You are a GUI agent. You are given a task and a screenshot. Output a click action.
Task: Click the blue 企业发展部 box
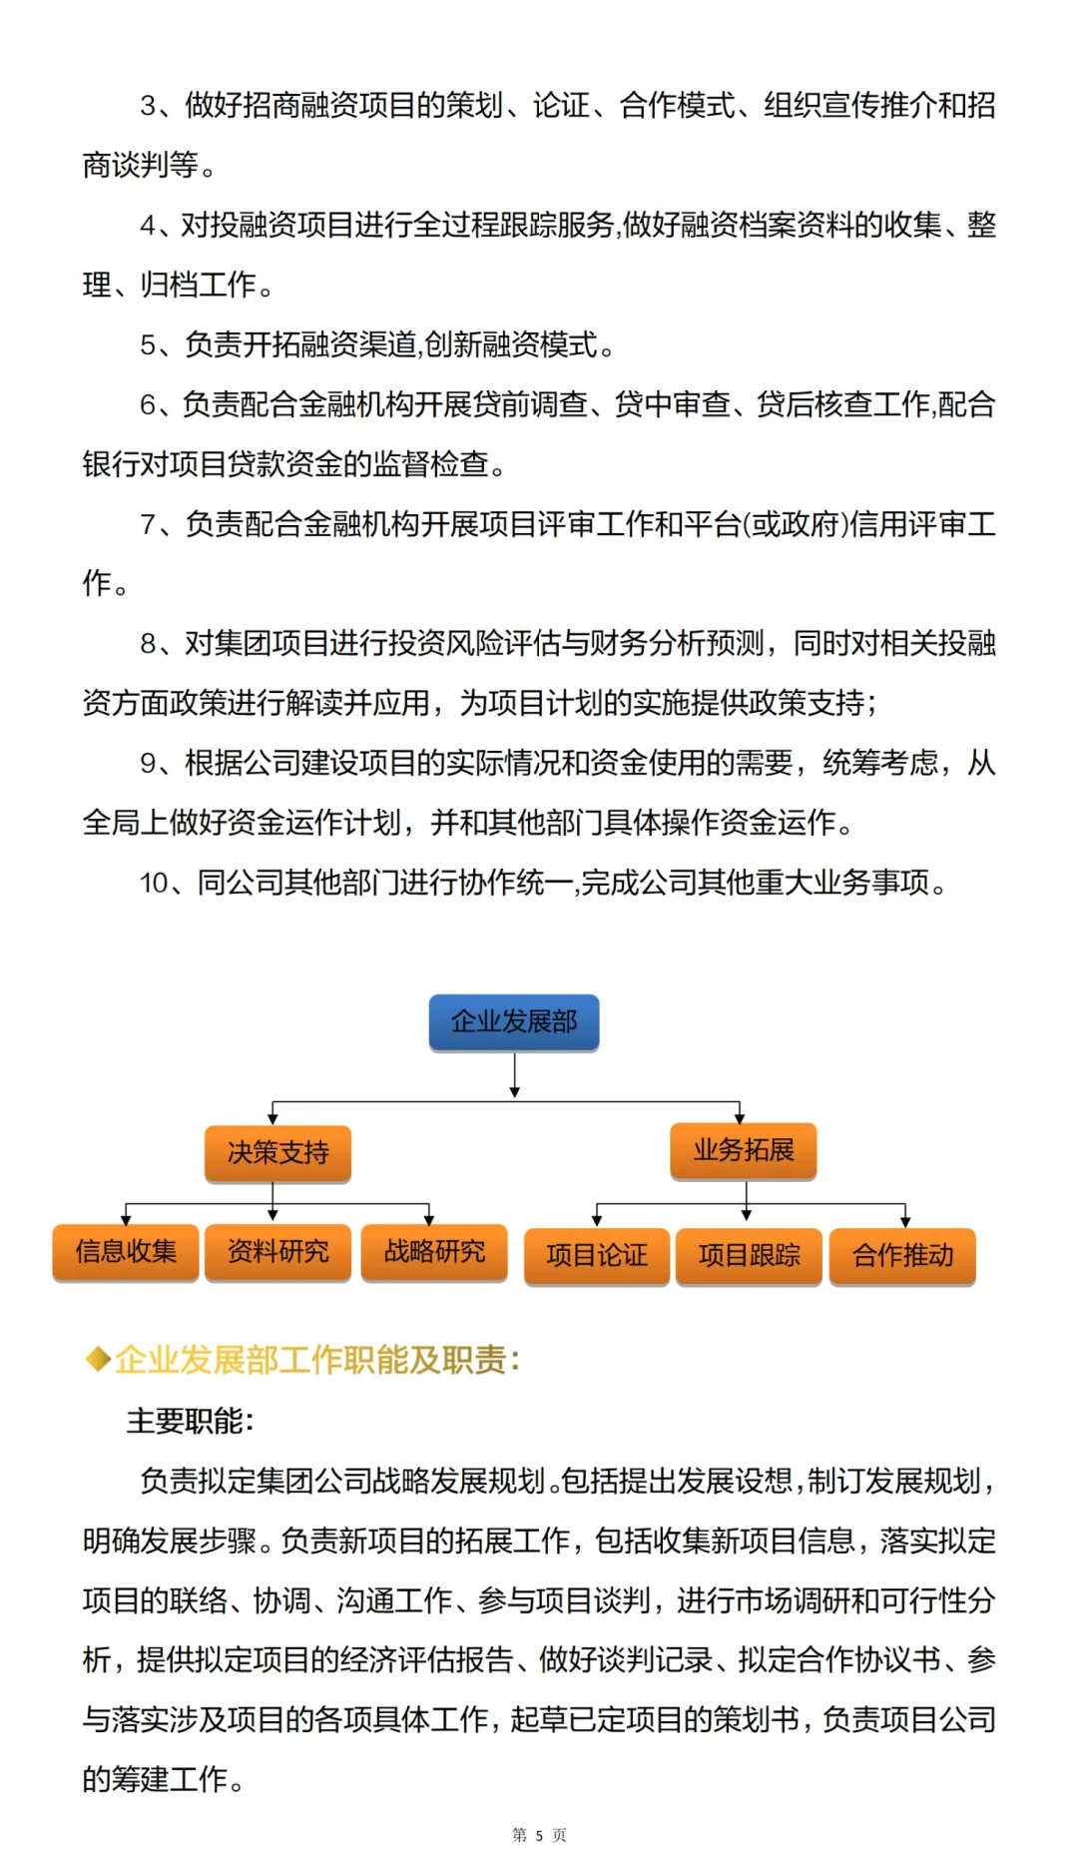[x=514, y=1021]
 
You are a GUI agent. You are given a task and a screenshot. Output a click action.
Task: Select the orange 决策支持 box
[x=277, y=1152]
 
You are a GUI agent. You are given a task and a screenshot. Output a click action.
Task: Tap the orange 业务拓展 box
[x=744, y=1150]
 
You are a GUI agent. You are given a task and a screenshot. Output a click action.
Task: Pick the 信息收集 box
[x=126, y=1251]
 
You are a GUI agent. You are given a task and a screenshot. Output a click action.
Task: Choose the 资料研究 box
[x=277, y=1251]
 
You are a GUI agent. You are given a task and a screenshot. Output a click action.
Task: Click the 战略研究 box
[x=434, y=1251]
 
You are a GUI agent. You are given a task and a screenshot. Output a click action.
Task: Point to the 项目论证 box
[x=597, y=1255]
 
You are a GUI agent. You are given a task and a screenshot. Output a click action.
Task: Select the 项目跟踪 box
[x=749, y=1255]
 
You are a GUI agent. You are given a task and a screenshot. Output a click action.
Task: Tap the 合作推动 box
[x=902, y=1255]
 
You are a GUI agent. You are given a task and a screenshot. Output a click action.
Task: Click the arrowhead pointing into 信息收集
[x=126, y=1218]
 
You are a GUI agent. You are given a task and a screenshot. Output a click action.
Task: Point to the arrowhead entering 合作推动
[x=905, y=1221]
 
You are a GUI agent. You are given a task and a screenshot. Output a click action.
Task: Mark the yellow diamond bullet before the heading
[x=98, y=1359]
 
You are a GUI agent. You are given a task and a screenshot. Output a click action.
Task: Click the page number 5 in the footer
[x=539, y=1835]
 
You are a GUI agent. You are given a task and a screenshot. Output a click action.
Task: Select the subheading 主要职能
[x=190, y=1421]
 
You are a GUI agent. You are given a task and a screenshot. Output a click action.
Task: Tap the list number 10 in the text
[x=154, y=883]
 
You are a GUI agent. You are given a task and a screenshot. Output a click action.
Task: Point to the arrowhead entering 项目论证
[x=597, y=1221]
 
